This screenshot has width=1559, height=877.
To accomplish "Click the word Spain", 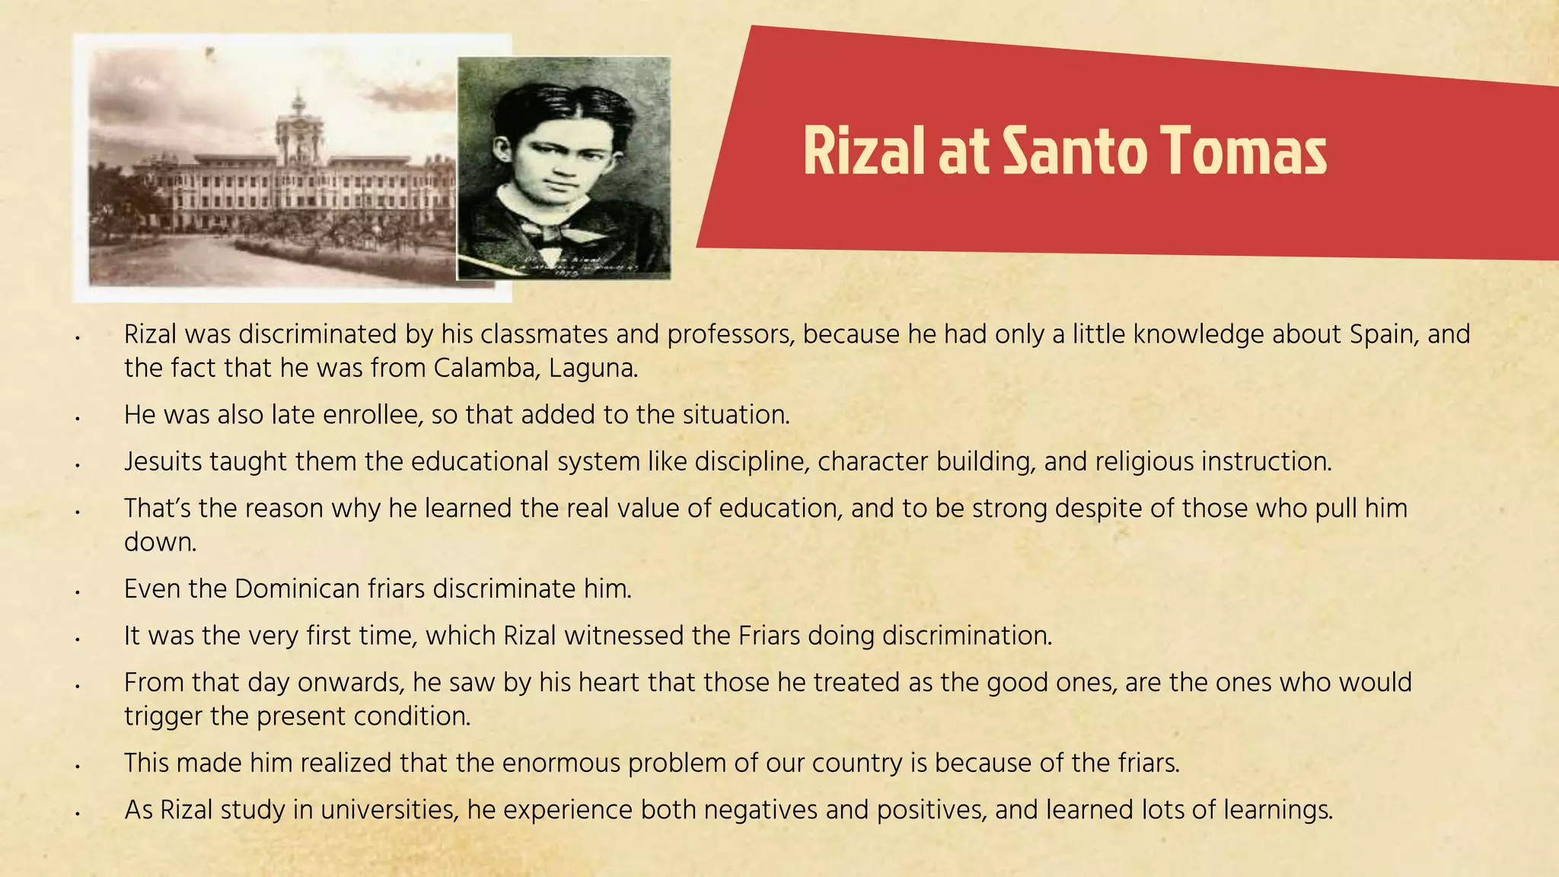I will [1384, 334].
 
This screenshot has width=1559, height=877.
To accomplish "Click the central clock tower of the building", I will [298, 129].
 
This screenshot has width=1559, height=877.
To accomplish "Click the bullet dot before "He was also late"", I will [78, 417].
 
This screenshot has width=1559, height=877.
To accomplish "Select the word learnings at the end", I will [1278, 809].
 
